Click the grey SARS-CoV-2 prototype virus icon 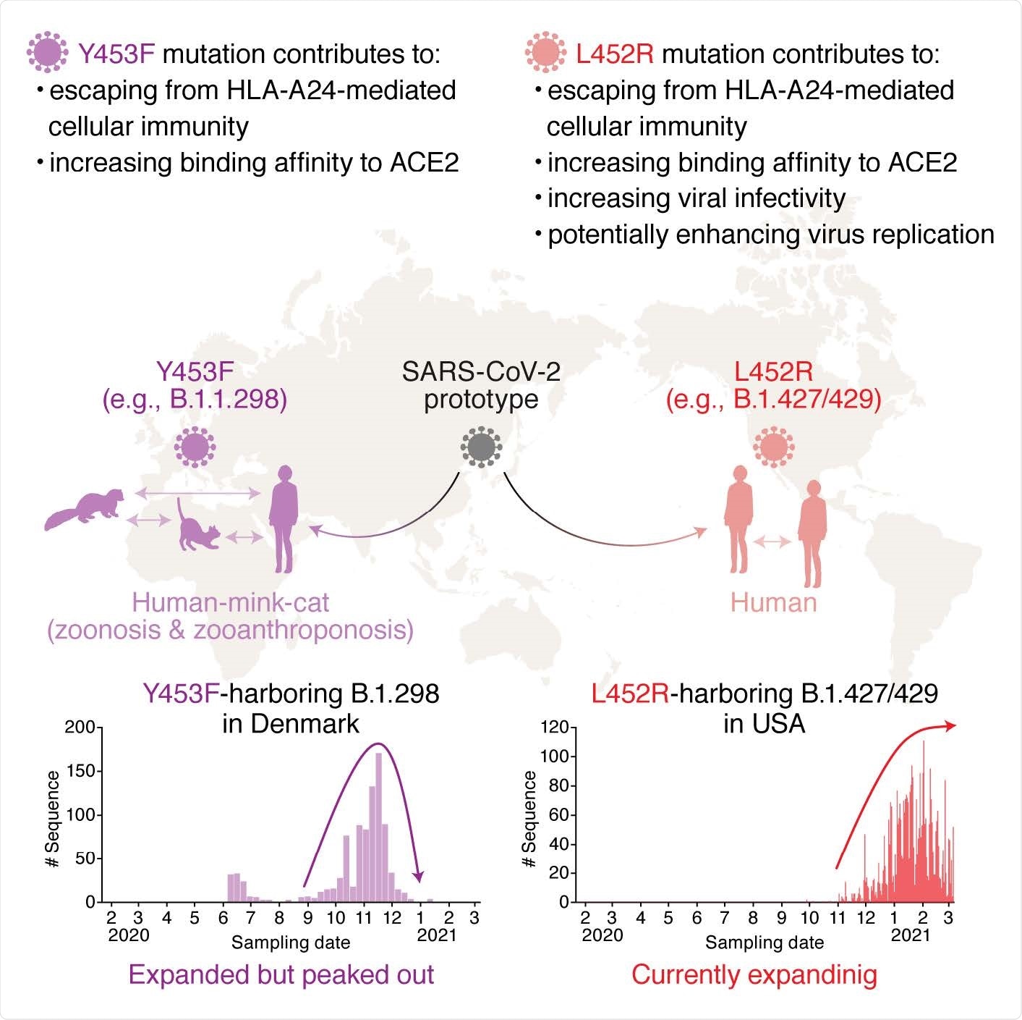point(481,447)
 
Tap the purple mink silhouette point(85,509)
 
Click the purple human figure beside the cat point(284,518)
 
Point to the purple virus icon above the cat point(195,447)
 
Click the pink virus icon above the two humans point(773,447)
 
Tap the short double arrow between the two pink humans point(772,541)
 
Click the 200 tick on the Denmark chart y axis point(80,728)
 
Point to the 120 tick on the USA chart point(554,727)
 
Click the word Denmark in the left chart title point(291,724)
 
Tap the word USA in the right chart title point(765,724)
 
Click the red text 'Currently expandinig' point(754,974)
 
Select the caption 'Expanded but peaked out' point(281,974)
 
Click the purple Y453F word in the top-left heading point(116,54)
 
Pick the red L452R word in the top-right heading point(615,54)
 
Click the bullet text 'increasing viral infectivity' point(696,198)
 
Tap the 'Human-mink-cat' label point(230,602)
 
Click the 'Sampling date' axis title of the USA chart point(765,943)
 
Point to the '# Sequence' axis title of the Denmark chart point(52,819)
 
